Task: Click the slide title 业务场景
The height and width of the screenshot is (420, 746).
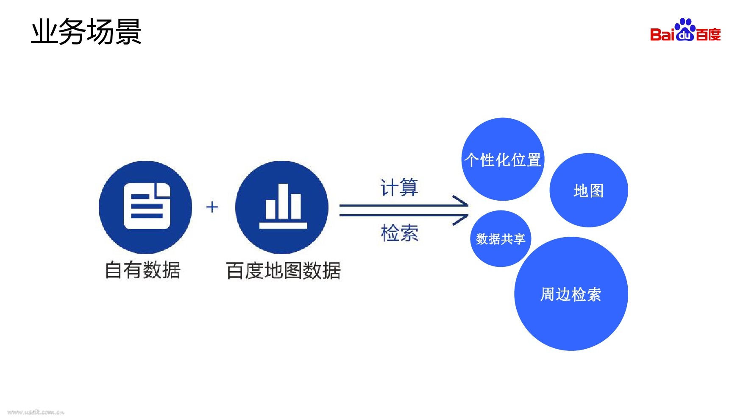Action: (x=86, y=32)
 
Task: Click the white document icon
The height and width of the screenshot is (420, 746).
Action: (x=147, y=206)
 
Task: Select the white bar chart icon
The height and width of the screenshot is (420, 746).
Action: (x=283, y=206)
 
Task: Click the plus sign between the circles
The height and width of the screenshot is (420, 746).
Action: (x=212, y=207)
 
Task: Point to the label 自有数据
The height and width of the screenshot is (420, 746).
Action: (x=143, y=270)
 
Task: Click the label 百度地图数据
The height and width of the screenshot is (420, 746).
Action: (x=283, y=271)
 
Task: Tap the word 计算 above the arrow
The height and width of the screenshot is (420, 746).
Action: (x=399, y=188)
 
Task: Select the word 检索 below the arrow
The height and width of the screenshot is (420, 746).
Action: (x=399, y=233)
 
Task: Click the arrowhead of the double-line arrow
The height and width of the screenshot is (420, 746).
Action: (x=462, y=210)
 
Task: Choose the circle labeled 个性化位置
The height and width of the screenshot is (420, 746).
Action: (x=503, y=160)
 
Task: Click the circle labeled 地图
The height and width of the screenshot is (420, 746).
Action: (x=589, y=190)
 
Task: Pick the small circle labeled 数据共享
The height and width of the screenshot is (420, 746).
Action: (x=501, y=239)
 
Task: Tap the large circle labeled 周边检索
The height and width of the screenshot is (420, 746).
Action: (x=571, y=294)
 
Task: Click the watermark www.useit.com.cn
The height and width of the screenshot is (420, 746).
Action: (x=36, y=412)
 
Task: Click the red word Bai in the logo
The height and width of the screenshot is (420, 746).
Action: (x=662, y=34)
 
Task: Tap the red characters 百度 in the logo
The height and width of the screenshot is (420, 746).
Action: (x=708, y=34)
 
